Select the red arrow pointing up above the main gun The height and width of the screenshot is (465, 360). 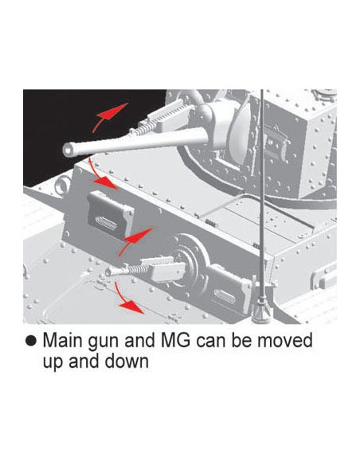pyautogui.click(x=109, y=115)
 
